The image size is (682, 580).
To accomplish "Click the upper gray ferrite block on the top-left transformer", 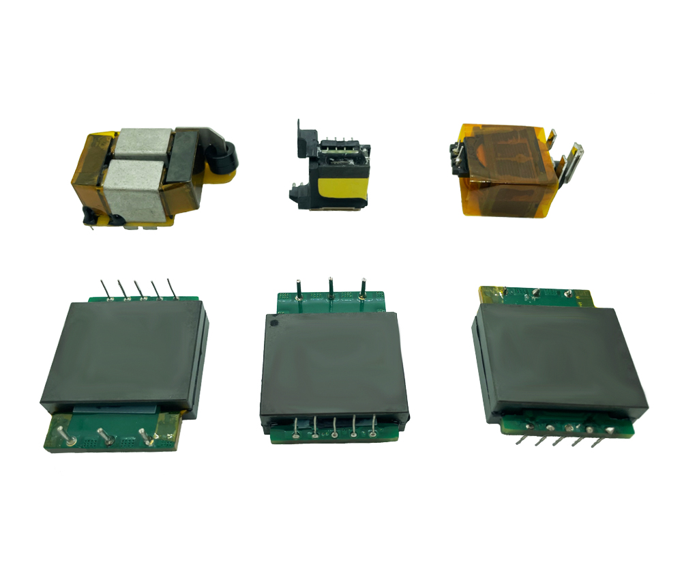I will (x=142, y=143).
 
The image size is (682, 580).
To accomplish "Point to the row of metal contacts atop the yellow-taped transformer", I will (x=336, y=145).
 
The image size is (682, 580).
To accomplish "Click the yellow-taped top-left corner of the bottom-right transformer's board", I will (x=490, y=293).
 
